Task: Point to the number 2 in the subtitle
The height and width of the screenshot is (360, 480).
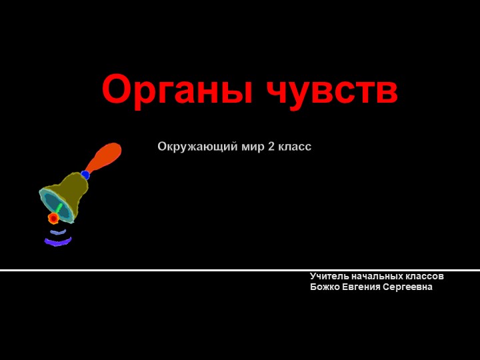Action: pyautogui.click(x=271, y=146)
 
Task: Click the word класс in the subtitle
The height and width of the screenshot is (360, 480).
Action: pyautogui.click(x=294, y=146)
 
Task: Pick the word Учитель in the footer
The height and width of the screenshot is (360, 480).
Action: pyautogui.click(x=327, y=276)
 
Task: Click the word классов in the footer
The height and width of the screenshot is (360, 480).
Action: pyautogui.click(x=425, y=276)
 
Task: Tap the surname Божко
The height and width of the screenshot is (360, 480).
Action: pyautogui.click(x=325, y=287)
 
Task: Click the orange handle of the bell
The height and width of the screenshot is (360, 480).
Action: pyautogui.click(x=105, y=157)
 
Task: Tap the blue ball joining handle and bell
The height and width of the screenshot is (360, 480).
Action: pyautogui.click(x=85, y=175)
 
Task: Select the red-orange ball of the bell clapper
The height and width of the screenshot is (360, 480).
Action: pyautogui.click(x=53, y=218)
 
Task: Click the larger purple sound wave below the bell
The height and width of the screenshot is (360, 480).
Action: pyautogui.click(x=58, y=242)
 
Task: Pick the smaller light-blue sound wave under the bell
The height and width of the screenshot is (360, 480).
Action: pyautogui.click(x=59, y=233)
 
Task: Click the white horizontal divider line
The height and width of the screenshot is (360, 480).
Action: pyautogui.click(x=240, y=270)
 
